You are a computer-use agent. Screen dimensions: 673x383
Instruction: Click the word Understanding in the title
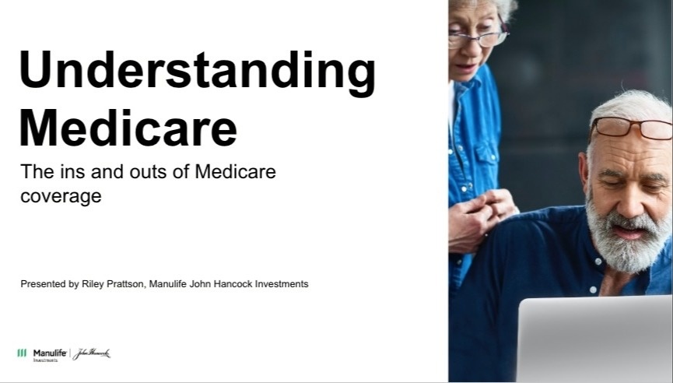[198, 71]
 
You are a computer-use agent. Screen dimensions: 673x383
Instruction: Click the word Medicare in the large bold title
[128, 128]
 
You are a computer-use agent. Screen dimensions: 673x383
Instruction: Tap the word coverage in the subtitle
[61, 197]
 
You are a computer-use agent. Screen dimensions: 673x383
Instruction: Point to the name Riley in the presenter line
[93, 284]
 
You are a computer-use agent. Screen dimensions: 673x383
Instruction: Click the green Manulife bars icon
[22, 353]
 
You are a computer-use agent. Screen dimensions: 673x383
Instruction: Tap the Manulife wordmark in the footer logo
[50, 353]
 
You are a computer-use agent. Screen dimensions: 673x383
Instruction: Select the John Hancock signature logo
[92, 353]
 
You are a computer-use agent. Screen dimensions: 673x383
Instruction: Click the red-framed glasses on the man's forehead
[631, 128]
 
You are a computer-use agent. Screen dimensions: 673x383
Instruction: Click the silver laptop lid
[595, 339]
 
